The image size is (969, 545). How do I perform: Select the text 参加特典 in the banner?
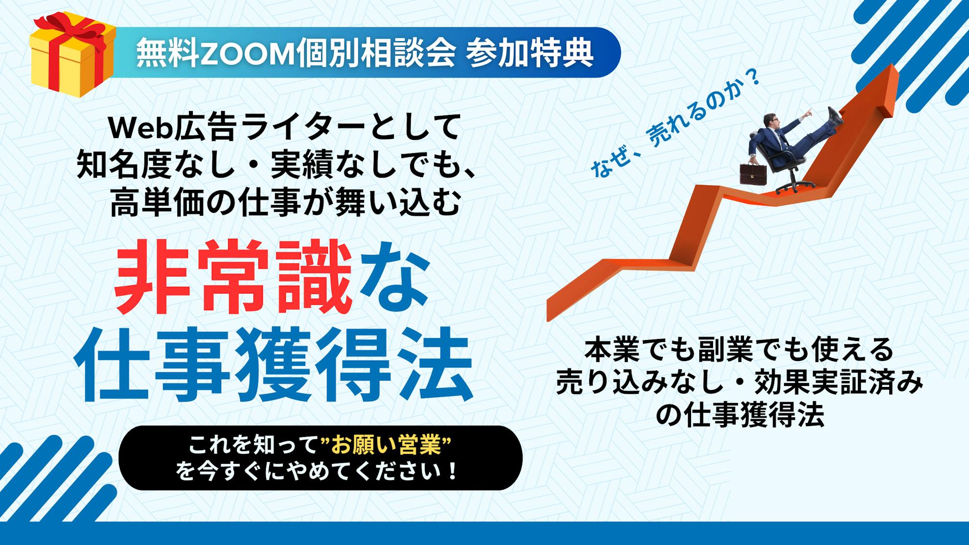[x=530, y=53]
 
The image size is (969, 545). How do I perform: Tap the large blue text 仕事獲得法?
[x=274, y=366]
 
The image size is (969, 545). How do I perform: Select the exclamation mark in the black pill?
[x=452, y=472]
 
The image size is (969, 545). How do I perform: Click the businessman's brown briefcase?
[x=753, y=173]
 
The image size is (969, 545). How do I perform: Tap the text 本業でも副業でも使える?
[x=739, y=350]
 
